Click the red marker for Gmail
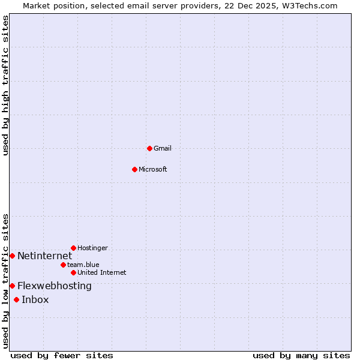(149, 148)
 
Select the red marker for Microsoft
(134, 169)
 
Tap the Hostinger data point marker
(73, 248)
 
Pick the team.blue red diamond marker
(63, 265)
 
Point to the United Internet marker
(73, 272)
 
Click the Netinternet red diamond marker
(12, 256)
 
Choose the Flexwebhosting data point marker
(12, 286)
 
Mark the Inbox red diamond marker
(16, 299)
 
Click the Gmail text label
(163, 148)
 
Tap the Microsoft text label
(153, 169)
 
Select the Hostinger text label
(92, 248)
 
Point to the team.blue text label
(83, 265)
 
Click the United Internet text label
(102, 272)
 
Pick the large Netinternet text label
(44, 256)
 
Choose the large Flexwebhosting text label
(55, 286)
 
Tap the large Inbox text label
(35, 300)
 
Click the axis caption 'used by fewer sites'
(62, 355)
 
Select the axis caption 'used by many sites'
(301, 355)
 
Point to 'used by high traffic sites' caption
(5, 85)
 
